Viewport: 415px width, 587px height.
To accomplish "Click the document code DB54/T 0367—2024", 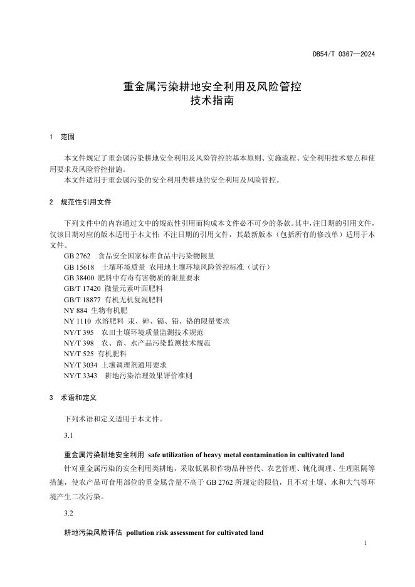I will pyautogui.click(x=344, y=54).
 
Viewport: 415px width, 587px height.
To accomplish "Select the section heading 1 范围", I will pyautogui.click(x=62, y=137).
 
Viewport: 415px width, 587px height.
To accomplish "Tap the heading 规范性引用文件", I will pyautogui.click(x=86, y=202).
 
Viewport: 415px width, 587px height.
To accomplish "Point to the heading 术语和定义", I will pyautogui.click(x=78, y=397).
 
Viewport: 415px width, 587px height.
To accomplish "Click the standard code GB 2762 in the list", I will pyautogui.click(x=78, y=256).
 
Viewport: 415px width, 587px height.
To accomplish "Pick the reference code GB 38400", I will pyautogui.click(x=80, y=277).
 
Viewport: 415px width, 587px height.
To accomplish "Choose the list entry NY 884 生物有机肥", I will pyautogui.click(x=95, y=310).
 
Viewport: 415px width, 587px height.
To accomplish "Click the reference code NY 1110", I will pyautogui.click(x=78, y=320).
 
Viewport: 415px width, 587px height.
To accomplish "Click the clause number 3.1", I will pyautogui.click(x=69, y=435).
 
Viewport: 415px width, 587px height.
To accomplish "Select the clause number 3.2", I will pyautogui.click(x=69, y=513).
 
